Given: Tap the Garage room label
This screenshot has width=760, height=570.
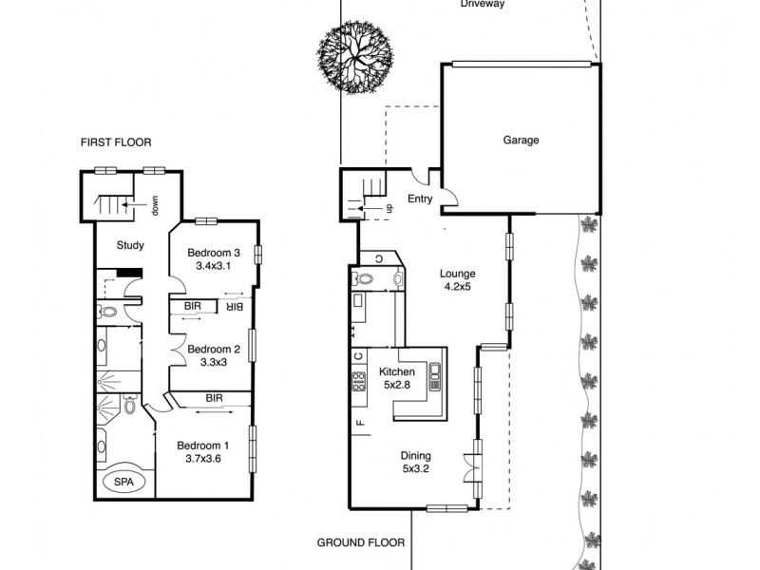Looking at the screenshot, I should (521, 141).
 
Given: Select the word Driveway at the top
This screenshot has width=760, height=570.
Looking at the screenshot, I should (483, 5).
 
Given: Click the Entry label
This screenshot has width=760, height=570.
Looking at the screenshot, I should (420, 199).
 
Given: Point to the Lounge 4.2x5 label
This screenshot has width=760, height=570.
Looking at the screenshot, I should (457, 280).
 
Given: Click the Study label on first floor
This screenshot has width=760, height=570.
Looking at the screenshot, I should (130, 245).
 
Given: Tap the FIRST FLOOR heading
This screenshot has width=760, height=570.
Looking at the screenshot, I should (116, 142).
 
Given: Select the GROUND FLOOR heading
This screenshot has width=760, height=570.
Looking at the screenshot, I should (360, 543).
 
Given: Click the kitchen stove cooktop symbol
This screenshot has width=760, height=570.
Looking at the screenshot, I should (360, 382).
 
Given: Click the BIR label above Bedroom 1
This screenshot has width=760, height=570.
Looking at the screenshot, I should (214, 398).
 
